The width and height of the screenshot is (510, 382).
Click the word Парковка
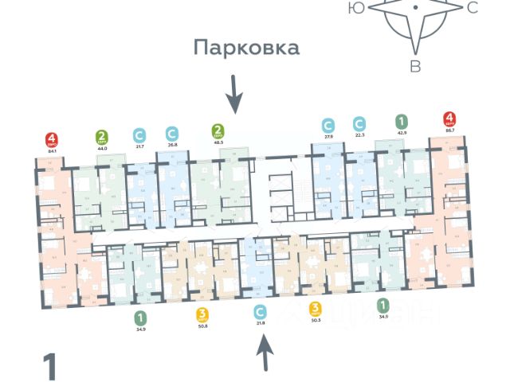(247, 48)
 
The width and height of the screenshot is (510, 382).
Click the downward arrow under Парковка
(233, 94)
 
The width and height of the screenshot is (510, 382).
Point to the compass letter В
(415, 66)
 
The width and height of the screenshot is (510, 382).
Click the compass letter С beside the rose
(472, 8)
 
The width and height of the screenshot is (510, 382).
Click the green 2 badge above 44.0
(102, 135)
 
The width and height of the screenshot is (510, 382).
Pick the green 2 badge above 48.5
(217, 130)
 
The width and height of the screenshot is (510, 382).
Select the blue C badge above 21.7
(139, 134)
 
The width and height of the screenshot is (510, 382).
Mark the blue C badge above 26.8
(171, 133)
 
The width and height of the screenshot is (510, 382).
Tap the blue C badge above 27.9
(328, 125)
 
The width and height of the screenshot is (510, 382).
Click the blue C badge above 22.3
(359, 124)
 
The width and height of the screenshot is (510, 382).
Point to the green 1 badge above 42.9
(402, 123)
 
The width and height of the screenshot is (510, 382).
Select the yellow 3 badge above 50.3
(316, 309)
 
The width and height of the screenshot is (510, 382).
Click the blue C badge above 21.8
(258, 311)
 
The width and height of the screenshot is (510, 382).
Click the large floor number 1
(49, 367)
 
